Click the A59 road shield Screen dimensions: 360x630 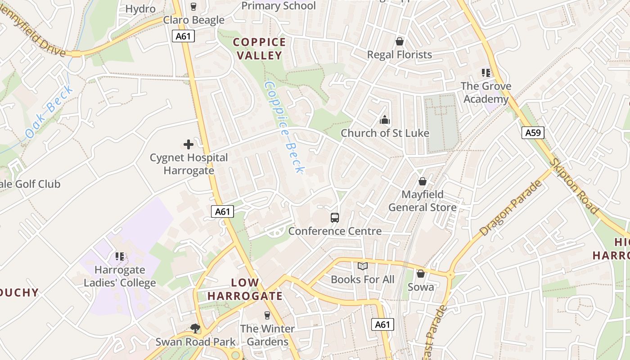(533, 133)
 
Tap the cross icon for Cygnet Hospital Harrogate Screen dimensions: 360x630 (189, 144)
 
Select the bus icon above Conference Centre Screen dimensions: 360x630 (335, 218)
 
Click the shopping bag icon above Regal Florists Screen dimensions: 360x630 (399, 41)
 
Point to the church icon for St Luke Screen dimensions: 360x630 (384, 120)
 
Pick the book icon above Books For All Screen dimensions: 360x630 (363, 266)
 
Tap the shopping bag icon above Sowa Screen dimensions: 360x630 (421, 274)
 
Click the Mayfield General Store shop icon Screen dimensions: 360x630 (423, 181)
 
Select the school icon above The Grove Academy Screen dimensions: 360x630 (486, 72)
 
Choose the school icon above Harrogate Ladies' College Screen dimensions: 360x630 (120, 256)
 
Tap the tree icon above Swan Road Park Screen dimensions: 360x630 (195, 328)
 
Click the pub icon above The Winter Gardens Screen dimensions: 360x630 (267, 315)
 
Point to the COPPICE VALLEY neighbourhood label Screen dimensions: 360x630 (259, 49)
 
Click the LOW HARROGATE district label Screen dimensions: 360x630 (245, 289)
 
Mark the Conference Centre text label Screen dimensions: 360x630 (335, 231)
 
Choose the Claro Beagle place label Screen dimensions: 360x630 (194, 20)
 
